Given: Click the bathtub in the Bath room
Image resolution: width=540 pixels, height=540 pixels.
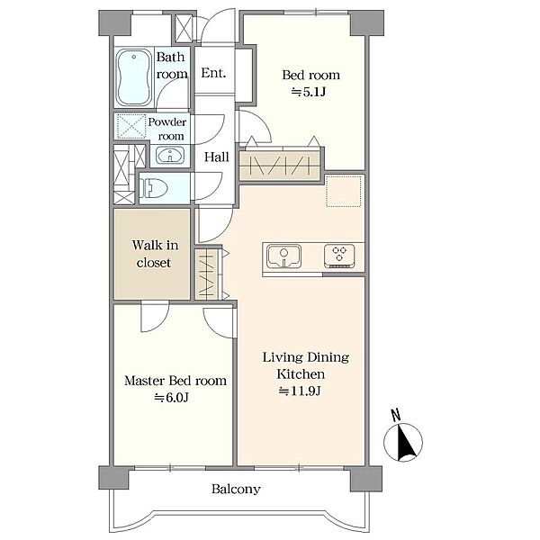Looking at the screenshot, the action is click(133, 77).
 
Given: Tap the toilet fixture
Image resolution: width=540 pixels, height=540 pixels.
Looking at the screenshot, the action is click(153, 188).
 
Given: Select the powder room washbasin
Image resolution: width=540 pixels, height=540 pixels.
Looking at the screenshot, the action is click(170, 156).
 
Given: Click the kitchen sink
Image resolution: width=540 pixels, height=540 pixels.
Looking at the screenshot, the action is click(283, 256).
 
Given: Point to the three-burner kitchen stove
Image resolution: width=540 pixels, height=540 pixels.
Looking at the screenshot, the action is click(339, 256).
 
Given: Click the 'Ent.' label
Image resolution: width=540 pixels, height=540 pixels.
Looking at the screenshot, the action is click(213, 73).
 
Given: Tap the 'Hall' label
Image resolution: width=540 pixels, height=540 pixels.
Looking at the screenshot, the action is click(216, 157).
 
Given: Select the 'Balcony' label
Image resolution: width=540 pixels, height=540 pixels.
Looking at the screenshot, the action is click(236, 489).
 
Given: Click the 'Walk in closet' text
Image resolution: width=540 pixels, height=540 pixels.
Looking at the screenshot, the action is click(156, 254).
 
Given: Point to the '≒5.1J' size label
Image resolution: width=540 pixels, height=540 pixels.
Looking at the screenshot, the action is click(309, 92).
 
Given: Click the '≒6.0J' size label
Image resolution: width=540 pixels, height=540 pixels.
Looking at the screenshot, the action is click(172, 398).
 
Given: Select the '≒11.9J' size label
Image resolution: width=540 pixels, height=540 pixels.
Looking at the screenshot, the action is click(300, 391).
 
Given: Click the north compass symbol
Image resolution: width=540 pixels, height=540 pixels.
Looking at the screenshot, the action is click(403, 443).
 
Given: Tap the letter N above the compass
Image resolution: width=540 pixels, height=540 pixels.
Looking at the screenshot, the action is click(396, 415).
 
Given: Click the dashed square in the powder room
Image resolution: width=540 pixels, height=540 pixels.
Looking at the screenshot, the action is click(131, 126).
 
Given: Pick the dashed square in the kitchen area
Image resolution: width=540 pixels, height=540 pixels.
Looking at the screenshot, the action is click(344, 192).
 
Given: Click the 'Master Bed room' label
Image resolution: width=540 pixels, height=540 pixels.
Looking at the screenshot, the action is click(175, 381).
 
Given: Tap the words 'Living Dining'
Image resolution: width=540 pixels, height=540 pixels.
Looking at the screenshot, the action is click(306, 357).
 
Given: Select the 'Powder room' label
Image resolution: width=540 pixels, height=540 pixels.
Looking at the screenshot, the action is click(167, 129).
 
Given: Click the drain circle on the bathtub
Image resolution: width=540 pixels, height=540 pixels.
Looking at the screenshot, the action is click(134, 58).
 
